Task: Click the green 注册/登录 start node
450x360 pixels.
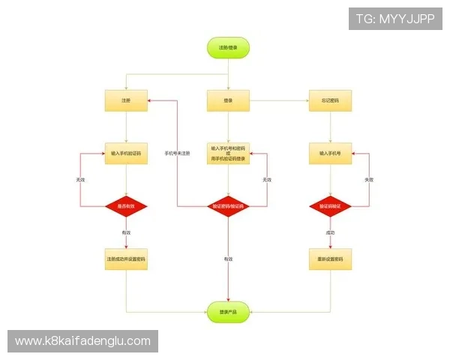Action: click(228, 47)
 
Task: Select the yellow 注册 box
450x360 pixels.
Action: click(126, 100)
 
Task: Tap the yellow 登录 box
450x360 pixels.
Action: click(228, 100)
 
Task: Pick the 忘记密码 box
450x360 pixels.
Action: click(330, 100)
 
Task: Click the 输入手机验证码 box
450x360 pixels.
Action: click(126, 153)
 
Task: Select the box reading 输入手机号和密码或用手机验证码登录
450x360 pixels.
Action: click(228, 154)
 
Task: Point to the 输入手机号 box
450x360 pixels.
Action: click(330, 153)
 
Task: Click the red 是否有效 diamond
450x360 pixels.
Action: click(126, 205)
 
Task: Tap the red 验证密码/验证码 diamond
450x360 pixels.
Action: click(228, 205)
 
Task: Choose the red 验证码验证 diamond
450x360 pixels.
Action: click(330, 205)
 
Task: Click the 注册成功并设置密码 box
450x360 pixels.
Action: click(126, 259)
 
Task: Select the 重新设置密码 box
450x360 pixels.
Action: click(330, 259)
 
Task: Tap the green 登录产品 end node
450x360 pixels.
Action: click(228, 311)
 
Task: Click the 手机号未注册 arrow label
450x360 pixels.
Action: click(177, 153)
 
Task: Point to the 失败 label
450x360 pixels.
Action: click(368, 180)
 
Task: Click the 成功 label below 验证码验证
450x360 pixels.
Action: click(330, 232)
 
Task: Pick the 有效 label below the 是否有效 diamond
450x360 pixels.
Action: click(126, 232)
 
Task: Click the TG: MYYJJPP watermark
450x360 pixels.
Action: click(395, 19)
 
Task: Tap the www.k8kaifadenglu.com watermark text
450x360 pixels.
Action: click(83, 341)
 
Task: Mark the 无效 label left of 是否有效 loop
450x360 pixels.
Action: click(80, 180)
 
